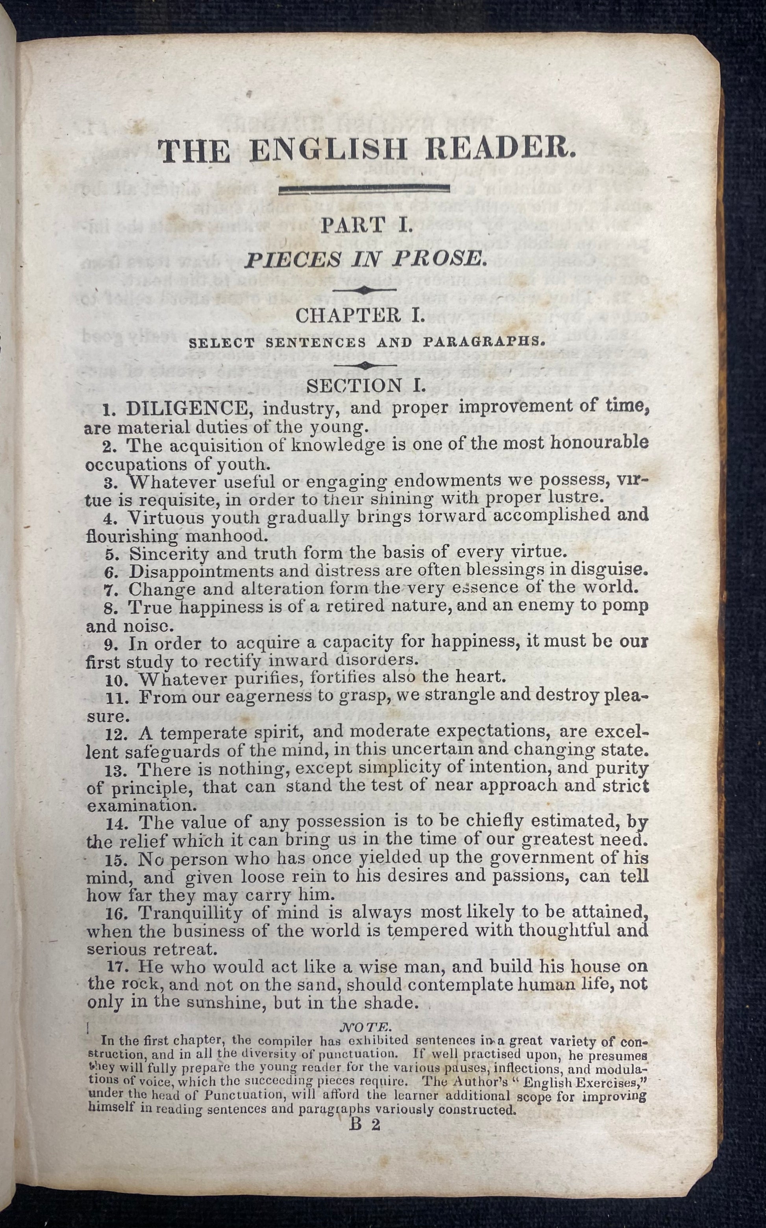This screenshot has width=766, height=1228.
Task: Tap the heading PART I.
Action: [x=367, y=225]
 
